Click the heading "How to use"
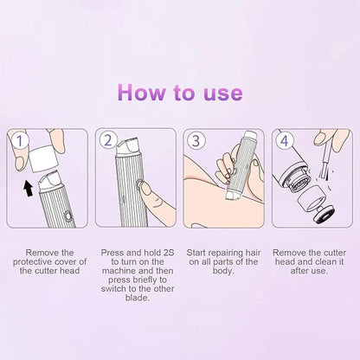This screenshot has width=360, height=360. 180,93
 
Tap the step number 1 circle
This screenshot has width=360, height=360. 21,139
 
